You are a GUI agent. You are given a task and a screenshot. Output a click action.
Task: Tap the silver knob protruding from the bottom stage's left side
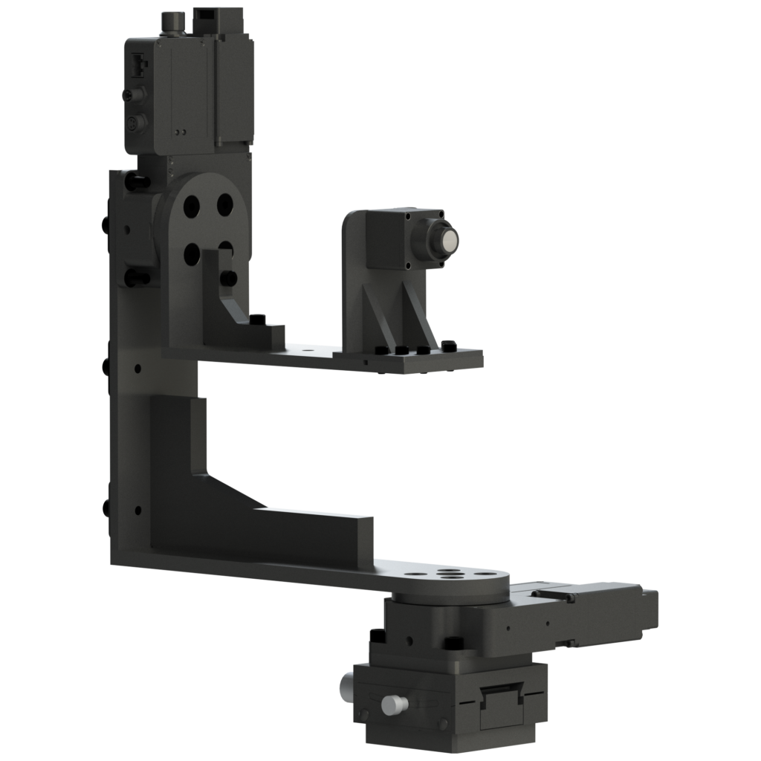pos(346,682)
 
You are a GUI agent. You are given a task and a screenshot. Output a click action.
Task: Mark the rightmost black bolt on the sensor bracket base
pos(448,346)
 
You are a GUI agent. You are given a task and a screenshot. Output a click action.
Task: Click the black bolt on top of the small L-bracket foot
pos(258,320)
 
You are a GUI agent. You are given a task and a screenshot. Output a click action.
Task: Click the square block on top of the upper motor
pos(214,22)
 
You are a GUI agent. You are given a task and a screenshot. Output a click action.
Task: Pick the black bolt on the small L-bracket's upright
pos(228,279)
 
